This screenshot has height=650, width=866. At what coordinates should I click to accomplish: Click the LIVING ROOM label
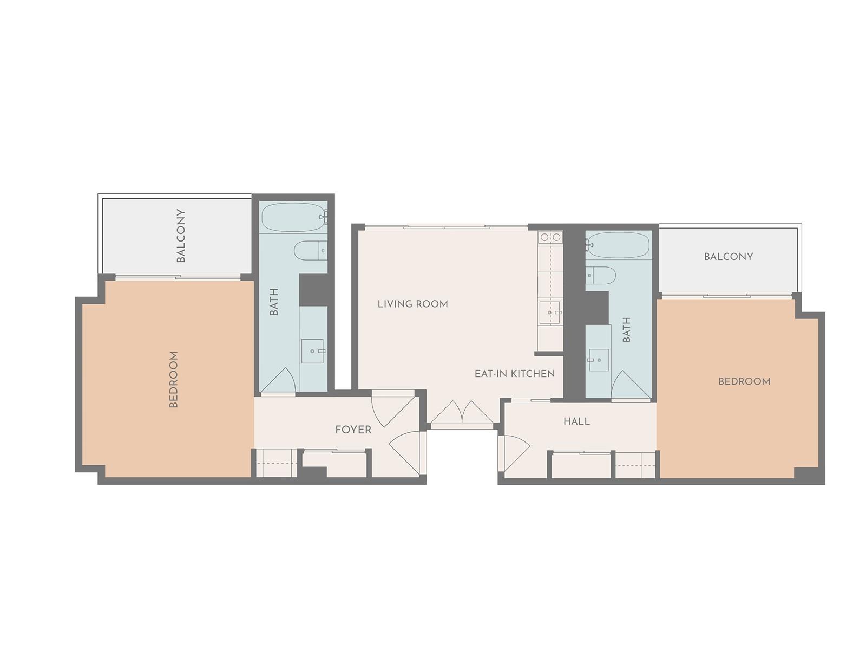pyautogui.click(x=412, y=304)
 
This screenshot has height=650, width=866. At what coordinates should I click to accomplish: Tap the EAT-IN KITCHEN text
pyautogui.click(x=515, y=373)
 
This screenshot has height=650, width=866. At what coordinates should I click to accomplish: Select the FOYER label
pyautogui.click(x=353, y=430)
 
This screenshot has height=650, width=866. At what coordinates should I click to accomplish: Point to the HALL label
pyautogui.click(x=576, y=421)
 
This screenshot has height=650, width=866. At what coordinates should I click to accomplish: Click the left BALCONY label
pyautogui.click(x=181, y=236)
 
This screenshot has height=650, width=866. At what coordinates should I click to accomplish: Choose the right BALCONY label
pyautogui.click(x=729, y=257)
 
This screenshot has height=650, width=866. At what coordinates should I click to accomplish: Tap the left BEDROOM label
pyautogui.click(x=173, y=379)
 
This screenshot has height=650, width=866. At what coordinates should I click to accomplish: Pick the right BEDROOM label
pyautogui.click(x=744, y=381)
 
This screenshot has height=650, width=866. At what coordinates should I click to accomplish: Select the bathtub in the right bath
pyautogui.click(x=618, y=245)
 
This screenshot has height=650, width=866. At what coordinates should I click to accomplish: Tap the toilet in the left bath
pyautogui.click(x=311, y=251)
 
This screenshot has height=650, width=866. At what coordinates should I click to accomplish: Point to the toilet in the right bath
pyautogui.click(x=600, y=275)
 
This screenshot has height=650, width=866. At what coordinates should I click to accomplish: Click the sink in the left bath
pyautogui.click(x=312, y=351)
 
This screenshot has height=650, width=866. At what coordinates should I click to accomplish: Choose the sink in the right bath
pyautogui.click(x=599, y=360)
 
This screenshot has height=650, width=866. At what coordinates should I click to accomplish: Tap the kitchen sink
pyautogui.click(x=550, y=312)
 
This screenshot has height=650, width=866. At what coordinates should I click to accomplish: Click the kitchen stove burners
pyautogui.click(x=550, y=237)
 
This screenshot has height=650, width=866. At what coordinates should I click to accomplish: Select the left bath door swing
pyautogui.click(x=278, y=380)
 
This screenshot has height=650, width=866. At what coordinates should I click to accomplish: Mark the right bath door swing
pyautogui.click(x=631, y=385)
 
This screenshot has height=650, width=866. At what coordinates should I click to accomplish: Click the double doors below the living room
pyautogui.click(x=462, y=414)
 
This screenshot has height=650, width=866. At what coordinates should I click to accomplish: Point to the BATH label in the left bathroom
pyautogui.click(x=274, y=302)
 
